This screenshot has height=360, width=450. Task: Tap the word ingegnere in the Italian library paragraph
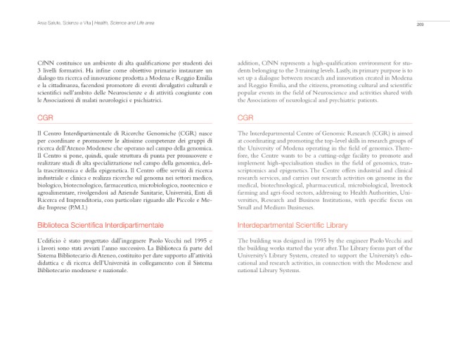124,242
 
